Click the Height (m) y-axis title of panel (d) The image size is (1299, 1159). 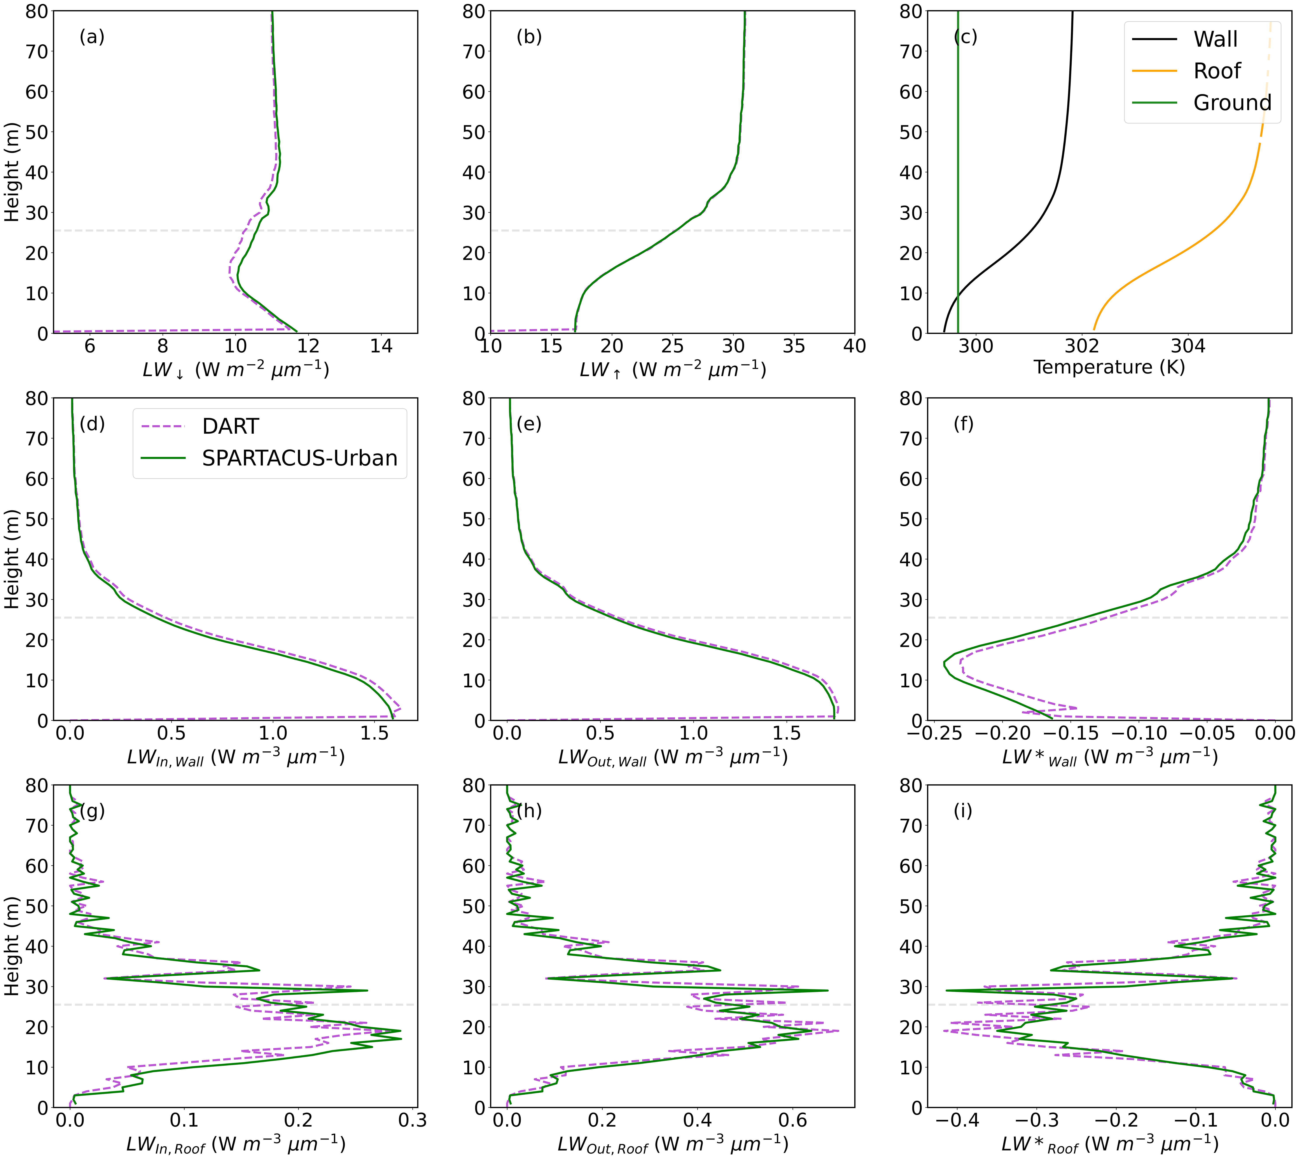11,559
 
